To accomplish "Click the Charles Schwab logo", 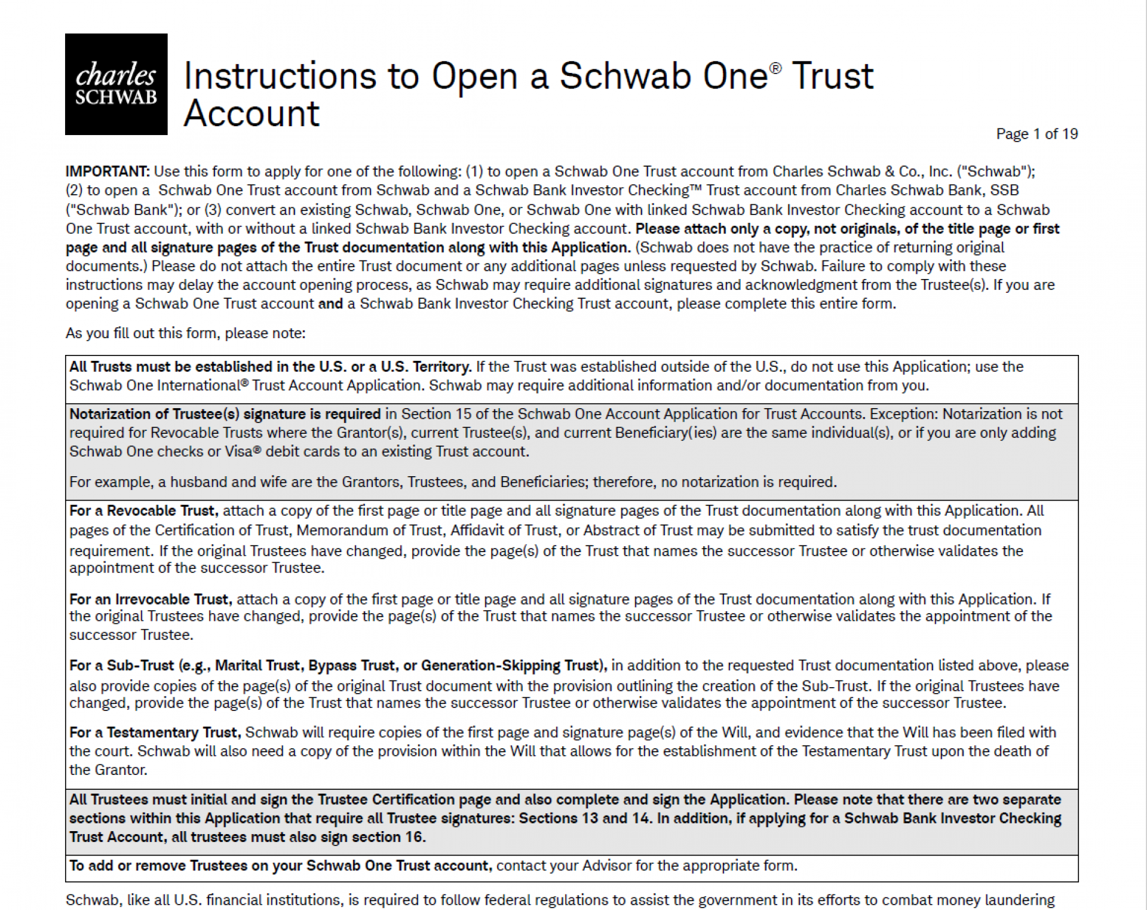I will tap(116, 84).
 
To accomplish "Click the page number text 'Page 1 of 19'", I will tap(1036, 134).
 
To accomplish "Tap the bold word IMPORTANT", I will tap(107, 171).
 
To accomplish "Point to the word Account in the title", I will tap(252, 114).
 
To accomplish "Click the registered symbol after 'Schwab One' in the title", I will tap(775, 69).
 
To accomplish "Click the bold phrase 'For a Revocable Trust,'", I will tap(143, 511).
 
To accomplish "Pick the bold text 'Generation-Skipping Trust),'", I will tap(514, 666).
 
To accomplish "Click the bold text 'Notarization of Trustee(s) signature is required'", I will tap(225, 414).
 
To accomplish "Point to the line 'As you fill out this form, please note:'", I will tap(185, 333).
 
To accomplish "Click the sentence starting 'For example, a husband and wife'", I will tap(452, 482).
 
